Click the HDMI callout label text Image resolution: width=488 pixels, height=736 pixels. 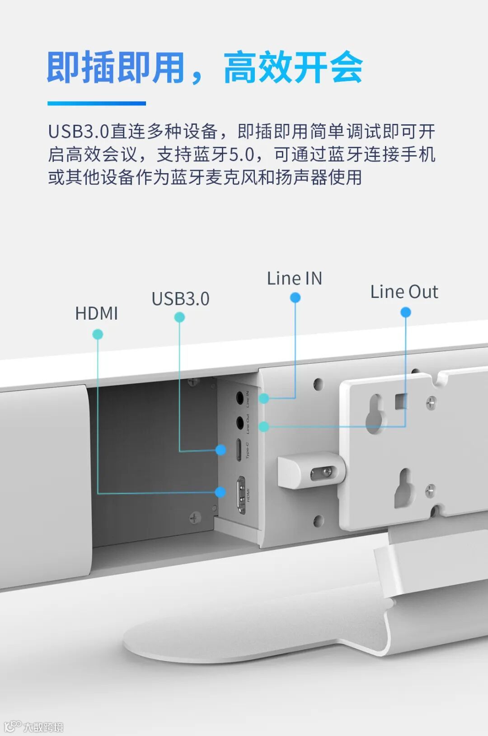[96, 313]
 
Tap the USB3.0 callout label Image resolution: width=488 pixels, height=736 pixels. [180, 299]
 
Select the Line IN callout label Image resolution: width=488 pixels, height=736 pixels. [294, 278]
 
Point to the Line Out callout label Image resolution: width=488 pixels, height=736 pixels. [404, 292]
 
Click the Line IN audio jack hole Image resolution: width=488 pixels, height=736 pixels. [240, 398]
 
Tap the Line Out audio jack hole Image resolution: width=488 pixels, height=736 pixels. [240, 423]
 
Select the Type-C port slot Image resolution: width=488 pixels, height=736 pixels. [239, 449]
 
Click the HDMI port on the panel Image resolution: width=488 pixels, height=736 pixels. [242, 495]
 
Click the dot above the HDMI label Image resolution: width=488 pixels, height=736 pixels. [98, 334]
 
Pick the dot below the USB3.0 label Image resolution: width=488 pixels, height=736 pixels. [179, 317]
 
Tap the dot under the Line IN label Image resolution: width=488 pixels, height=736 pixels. [295, 297]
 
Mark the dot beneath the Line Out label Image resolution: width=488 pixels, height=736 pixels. [406, 312]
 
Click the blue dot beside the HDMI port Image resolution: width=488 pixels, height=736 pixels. [221, 492]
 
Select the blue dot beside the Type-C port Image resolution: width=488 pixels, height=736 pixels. [221, 450]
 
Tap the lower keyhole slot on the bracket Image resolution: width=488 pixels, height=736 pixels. [405, 488]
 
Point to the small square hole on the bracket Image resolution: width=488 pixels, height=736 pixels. [401, 401]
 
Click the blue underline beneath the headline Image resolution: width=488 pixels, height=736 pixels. [97, 104]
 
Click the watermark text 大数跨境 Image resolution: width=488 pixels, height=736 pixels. [43, 727]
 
